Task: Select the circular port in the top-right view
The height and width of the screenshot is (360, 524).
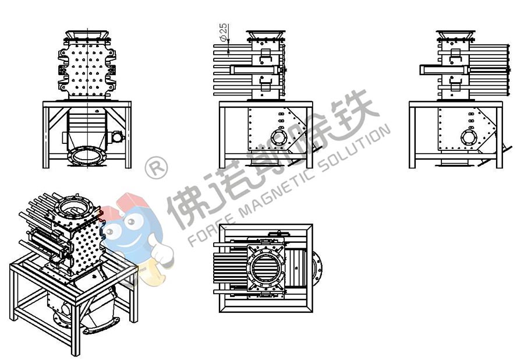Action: click(468, 137)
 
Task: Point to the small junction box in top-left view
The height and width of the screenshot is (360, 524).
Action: click(115, 137)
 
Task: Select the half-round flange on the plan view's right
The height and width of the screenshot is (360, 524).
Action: click(318, 269)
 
